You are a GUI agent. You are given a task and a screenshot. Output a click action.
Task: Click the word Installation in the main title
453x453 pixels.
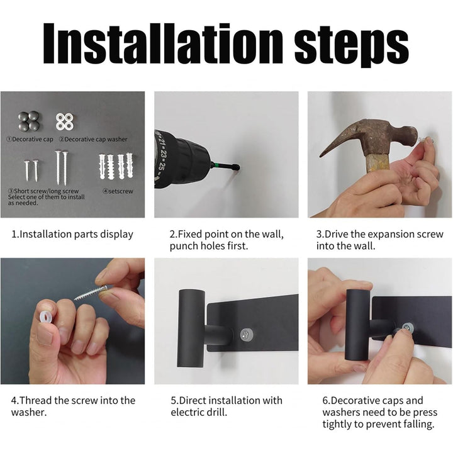163,43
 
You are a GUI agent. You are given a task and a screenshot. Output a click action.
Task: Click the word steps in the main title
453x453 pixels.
351,46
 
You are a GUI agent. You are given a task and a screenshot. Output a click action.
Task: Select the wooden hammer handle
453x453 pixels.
378,164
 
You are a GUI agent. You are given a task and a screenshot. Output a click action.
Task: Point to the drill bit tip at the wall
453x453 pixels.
237,167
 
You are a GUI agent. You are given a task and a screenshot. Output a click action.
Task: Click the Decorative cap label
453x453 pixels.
30,139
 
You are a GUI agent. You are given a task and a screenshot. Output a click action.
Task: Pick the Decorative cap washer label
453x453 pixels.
93,139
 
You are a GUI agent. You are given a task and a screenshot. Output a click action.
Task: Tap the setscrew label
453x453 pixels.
118,191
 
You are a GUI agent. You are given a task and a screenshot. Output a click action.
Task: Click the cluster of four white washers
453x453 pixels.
64,121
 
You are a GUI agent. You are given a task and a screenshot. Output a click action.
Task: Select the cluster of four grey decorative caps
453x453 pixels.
28,121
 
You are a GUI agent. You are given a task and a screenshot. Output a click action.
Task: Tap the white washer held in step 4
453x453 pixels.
47,318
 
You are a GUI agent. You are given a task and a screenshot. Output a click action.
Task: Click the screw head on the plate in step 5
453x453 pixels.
247,335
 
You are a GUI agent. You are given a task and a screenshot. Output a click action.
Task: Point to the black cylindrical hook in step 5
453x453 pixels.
191,328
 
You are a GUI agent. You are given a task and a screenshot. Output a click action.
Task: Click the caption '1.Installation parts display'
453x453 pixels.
72,234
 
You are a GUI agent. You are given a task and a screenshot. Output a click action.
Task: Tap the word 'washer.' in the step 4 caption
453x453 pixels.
29,412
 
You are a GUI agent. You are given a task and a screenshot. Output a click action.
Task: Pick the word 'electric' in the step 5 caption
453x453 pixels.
187,412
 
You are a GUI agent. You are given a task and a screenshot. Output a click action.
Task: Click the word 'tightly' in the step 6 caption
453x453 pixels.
337,424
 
